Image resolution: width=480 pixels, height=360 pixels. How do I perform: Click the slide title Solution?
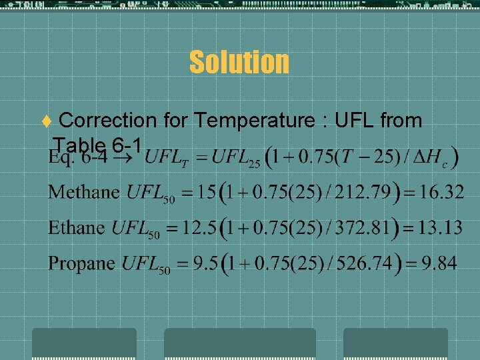click(239, 62)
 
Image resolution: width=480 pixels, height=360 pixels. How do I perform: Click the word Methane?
click(84, 193)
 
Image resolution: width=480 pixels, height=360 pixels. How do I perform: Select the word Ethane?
click(76, 227)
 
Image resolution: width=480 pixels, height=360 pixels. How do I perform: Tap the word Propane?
click(81, 263)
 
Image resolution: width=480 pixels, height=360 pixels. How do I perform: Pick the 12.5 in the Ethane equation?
click(205, 227)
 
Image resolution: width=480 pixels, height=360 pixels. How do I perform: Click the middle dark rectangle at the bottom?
click(239, 343)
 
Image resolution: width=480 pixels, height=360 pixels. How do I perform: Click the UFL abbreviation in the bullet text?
click(355, 121)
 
